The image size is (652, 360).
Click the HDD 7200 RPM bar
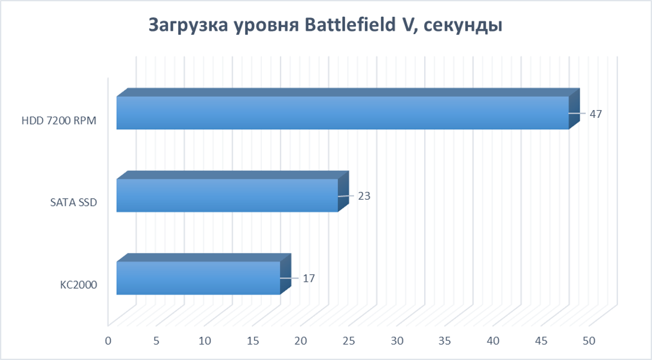coord(341,113)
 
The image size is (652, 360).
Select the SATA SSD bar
coord(227,196)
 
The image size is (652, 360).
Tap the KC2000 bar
coord(197,278)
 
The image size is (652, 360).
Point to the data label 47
coord(595,114)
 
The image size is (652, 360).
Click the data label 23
coord(364,196)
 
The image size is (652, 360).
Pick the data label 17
coord(309,278)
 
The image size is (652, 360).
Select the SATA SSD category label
coord(74,203)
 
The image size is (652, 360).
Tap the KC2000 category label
coord(78,286)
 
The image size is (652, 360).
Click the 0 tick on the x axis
coord(108,341)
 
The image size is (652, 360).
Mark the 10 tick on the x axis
coord(205,341)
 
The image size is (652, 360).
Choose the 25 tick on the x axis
coord(349,341)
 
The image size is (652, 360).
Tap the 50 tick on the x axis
coord(589,341)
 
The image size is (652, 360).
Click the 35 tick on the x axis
coord(445,341)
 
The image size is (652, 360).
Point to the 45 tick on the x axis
coord(541,341)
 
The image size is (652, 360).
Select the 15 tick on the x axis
coord(252,341)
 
